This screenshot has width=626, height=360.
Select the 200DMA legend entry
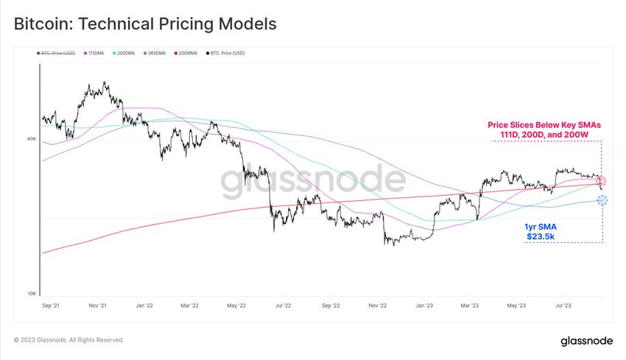(126, 53)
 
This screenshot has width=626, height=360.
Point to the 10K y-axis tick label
(32, 294)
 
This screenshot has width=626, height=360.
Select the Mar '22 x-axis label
(190, 304)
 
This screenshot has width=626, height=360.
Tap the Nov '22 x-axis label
(377, 304)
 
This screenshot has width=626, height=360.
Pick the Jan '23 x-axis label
(425, 304)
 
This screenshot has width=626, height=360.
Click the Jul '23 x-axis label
(564, 304)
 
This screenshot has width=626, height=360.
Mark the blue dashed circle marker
(602, 200)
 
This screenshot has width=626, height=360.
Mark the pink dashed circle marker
(601, 181)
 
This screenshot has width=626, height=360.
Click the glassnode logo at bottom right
(586, 341)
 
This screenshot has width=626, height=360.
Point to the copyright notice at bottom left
(68, 340)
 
